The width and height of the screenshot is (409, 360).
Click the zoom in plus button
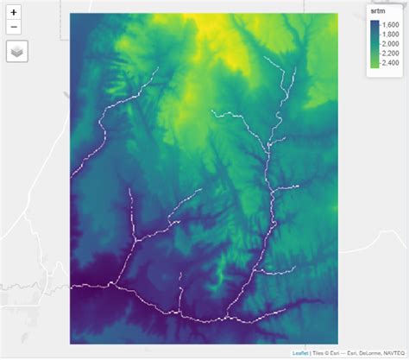point(14,13)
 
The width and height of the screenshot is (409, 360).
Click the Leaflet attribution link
point(300,353)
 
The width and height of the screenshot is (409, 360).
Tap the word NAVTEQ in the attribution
point(392,353)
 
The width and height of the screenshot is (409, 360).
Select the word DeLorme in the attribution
point(363,353)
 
